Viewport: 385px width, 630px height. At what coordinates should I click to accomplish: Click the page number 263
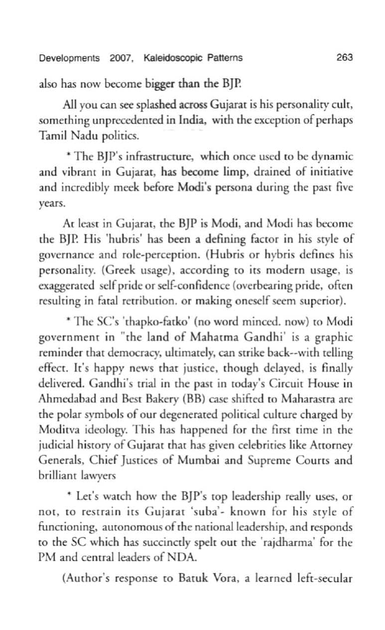[x=344, y=58]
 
